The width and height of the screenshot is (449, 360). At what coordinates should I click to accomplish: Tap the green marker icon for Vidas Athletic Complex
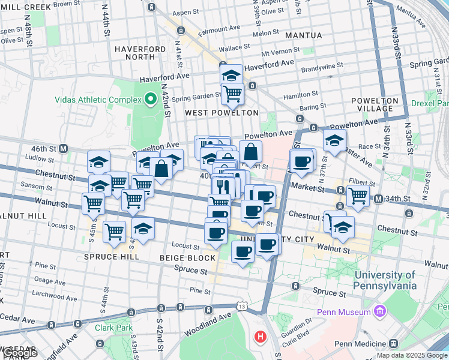(149, 100)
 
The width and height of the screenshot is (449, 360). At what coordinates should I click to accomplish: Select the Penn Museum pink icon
(379, 311)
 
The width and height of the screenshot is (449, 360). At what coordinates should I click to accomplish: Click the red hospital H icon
(260, 337)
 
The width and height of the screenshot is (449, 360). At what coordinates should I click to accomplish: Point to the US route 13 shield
(242, 306)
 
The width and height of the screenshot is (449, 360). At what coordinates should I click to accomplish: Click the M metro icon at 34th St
(378, 199)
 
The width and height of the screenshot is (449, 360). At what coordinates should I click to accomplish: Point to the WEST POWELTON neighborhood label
(221, 113)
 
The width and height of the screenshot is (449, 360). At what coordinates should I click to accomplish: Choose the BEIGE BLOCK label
(187, 258)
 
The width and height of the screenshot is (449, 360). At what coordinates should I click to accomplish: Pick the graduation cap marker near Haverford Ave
(231, 75)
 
